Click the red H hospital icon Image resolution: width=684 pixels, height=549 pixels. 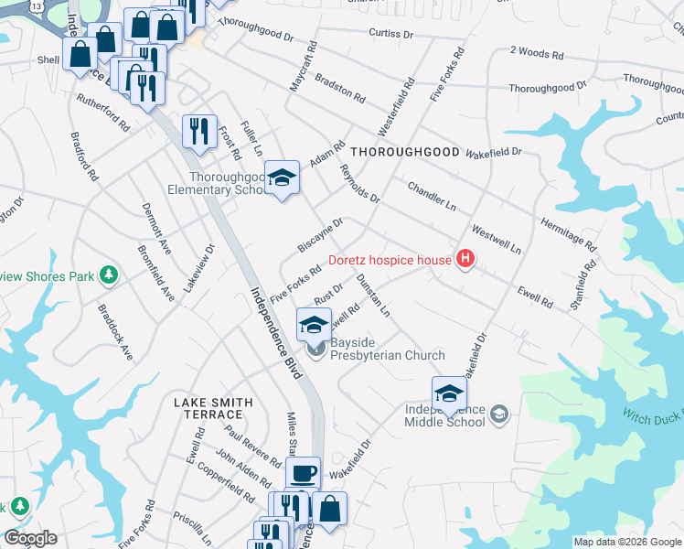click(466, 260)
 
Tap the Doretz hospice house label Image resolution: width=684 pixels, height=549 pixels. click(390, 260)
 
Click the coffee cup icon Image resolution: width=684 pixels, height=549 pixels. click(303, 473)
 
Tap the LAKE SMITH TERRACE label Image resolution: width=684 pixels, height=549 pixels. click(213, 408)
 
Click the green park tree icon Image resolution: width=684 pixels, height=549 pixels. click(109, 274)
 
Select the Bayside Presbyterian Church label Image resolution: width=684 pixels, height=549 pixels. click(387, 355)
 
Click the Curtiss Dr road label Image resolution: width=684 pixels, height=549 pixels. click(391, 33)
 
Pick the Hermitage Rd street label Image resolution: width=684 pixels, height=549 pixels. click(568, 235)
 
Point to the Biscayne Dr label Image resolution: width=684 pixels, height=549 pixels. click(319, 234)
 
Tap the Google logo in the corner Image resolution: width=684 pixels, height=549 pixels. click(30, 538)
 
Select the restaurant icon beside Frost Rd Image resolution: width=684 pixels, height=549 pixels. click(198, 131)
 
